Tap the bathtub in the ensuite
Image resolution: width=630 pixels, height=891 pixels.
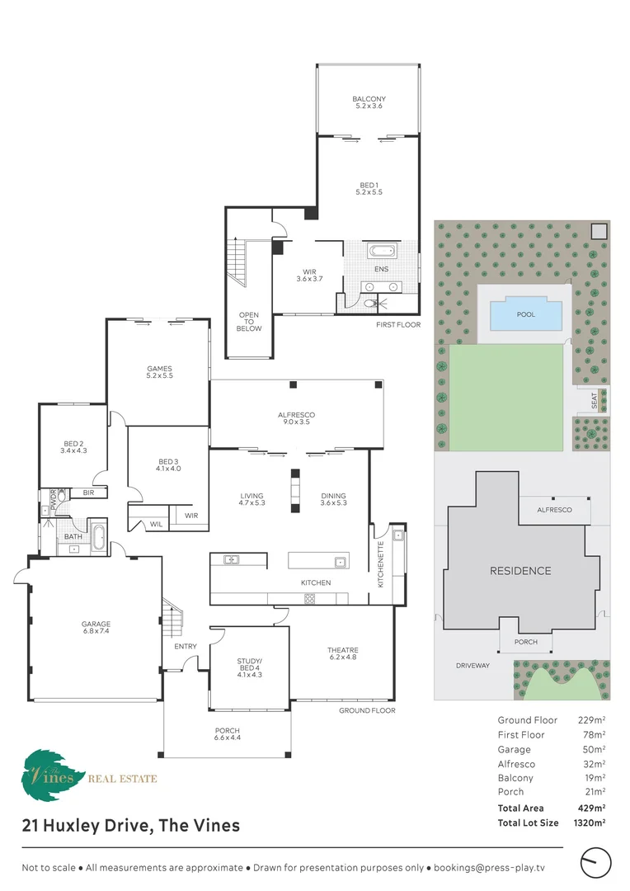382,251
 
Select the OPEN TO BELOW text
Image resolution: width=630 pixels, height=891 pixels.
249,322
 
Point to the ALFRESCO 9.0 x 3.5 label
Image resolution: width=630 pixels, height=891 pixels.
296,418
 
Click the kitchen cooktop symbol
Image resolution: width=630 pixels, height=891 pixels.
309,598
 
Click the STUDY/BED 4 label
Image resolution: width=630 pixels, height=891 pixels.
249,667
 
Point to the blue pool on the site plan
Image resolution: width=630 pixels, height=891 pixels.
526,314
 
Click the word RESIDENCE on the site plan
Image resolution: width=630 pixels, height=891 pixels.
520,571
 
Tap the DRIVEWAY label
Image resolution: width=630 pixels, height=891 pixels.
472,666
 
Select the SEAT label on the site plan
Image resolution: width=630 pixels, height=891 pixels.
595,401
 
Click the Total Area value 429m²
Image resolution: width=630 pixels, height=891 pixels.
591,808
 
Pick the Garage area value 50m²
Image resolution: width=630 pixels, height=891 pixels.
594,749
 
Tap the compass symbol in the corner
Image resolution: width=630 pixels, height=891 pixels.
595,863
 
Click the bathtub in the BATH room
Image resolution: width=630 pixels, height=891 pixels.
98,538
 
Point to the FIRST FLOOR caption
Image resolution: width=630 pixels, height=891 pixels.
398,325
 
